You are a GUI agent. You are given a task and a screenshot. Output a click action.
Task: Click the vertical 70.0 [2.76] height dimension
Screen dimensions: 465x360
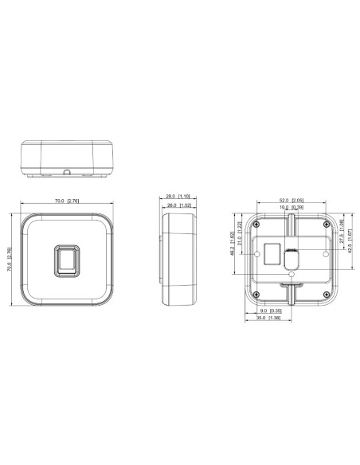pos(9,260)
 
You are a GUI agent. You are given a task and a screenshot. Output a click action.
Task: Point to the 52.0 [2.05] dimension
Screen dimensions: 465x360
pos(292,200)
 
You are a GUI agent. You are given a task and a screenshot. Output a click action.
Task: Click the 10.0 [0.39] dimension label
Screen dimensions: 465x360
pos(292,207)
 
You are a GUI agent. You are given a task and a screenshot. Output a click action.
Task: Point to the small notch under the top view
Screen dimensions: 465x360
pos(66,170)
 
